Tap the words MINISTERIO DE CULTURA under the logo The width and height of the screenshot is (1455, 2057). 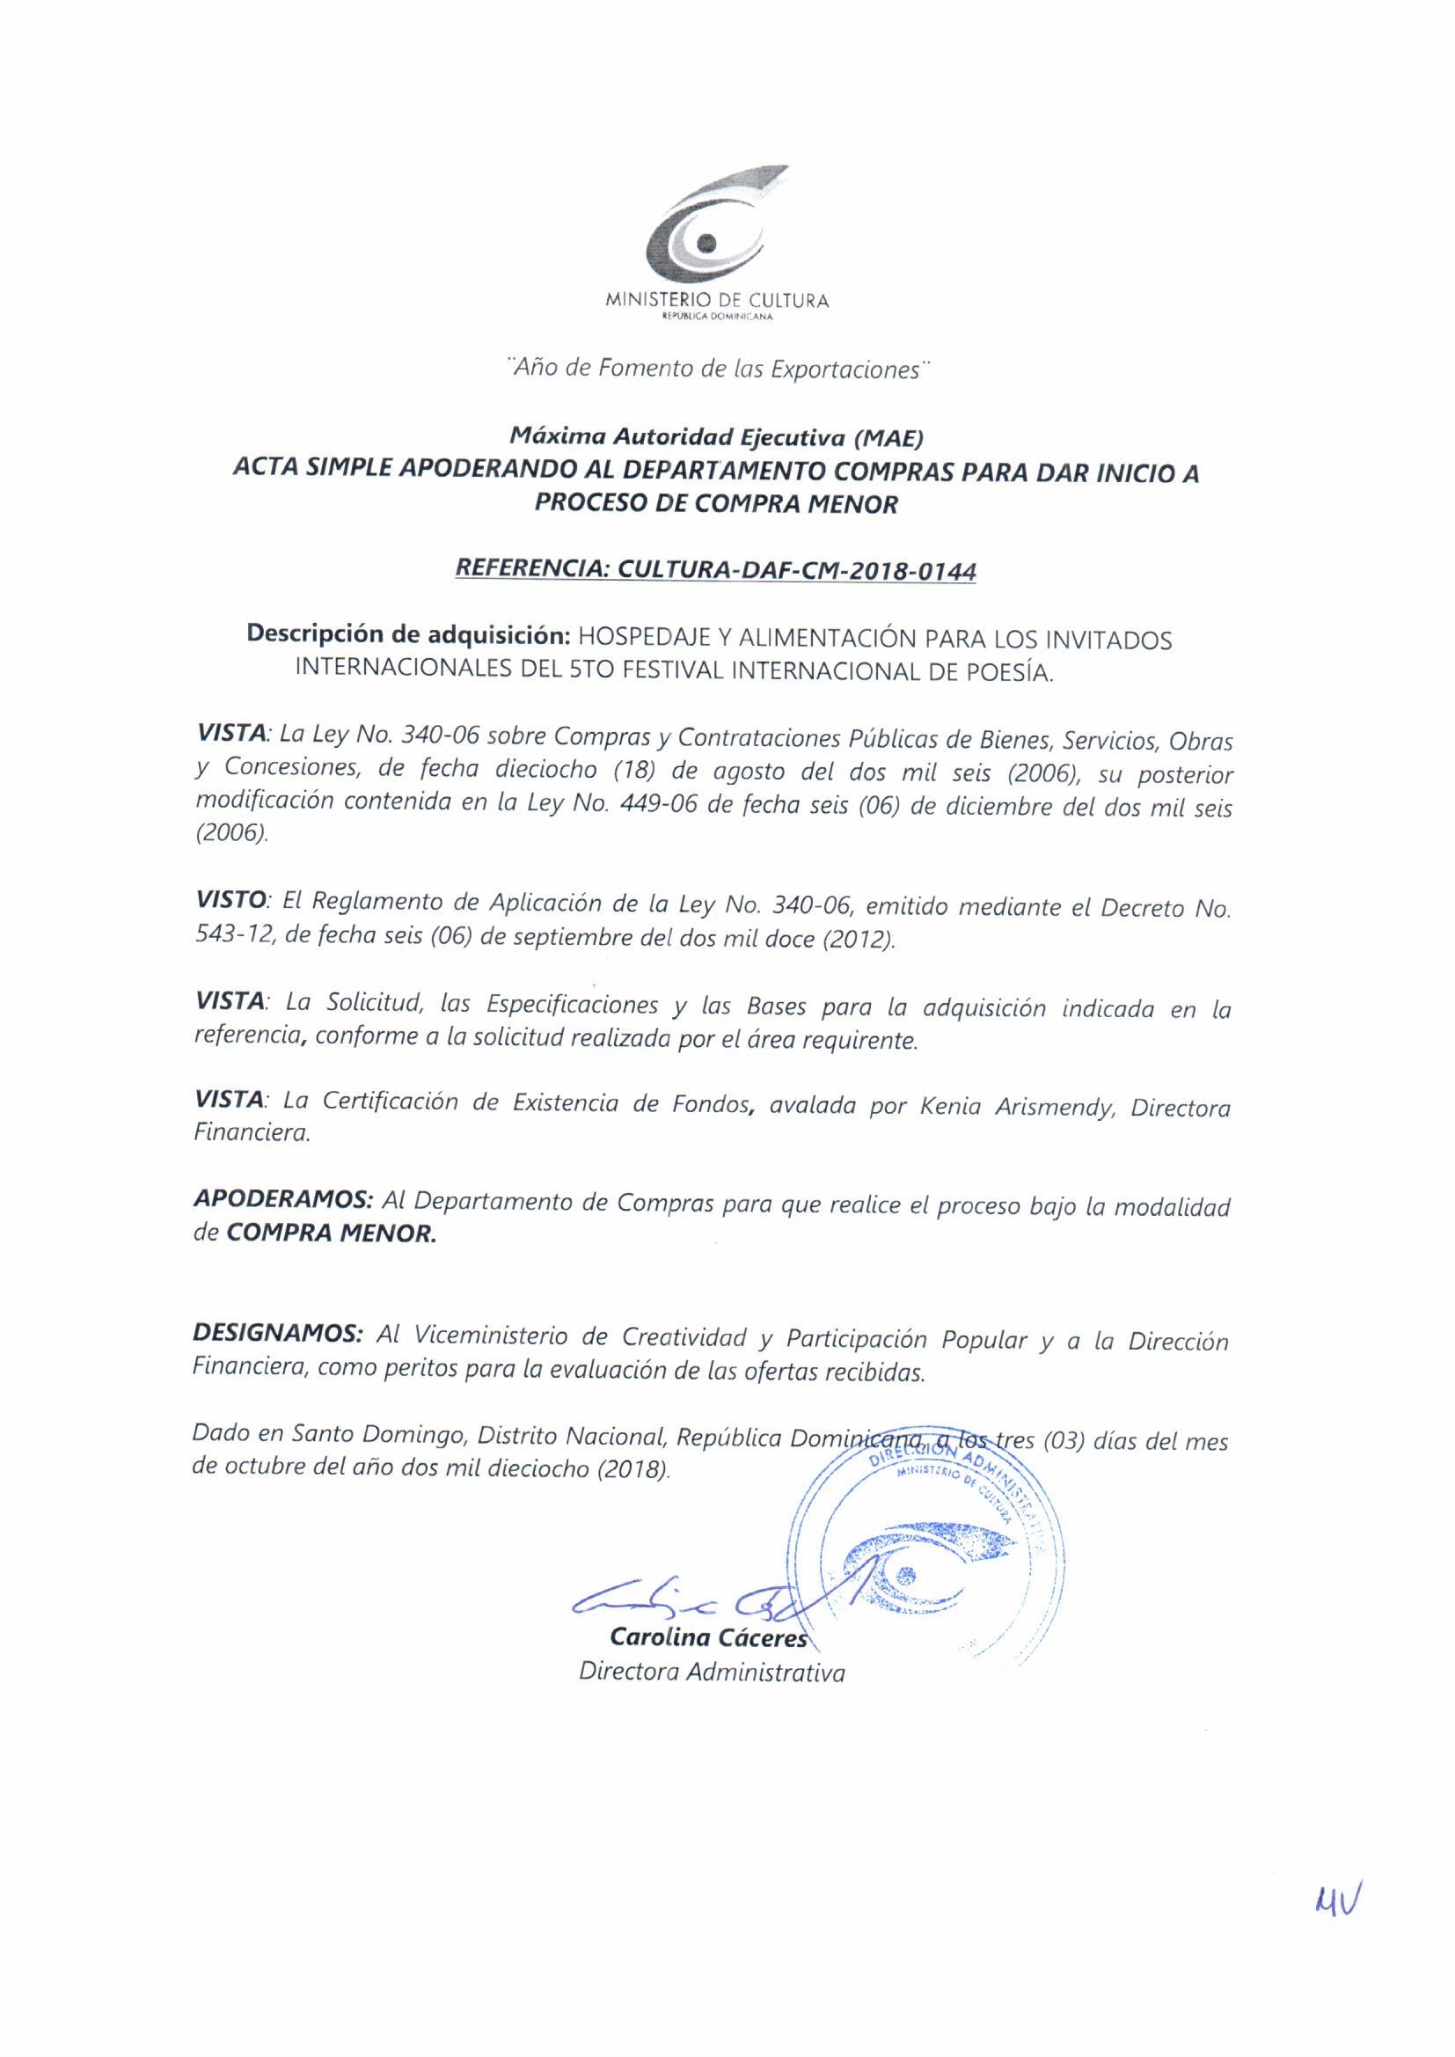point(717,301)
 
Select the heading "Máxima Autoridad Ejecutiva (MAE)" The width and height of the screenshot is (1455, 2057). point(716,437)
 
